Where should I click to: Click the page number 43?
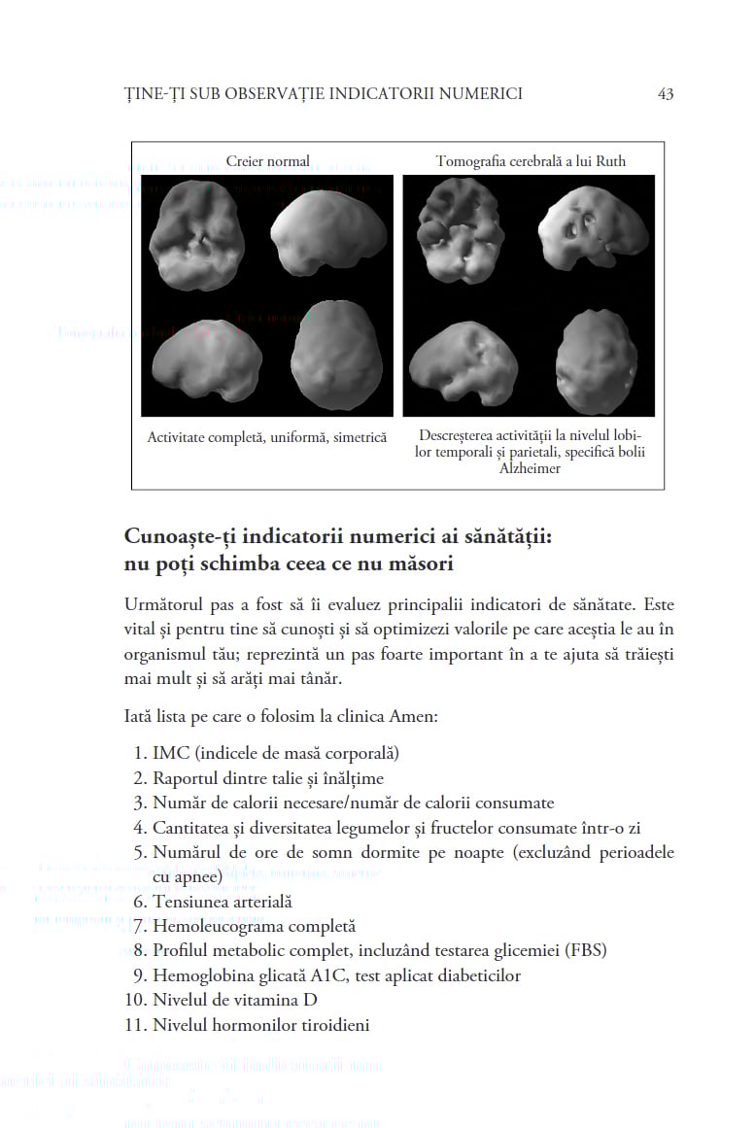[x=666, y=94]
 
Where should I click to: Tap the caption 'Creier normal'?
[x=267, y=161]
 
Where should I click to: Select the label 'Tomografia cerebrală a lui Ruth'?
[x=531, y=161]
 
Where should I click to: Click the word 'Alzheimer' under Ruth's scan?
[x=530, y=468]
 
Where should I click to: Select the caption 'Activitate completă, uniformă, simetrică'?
[x=267, y=438]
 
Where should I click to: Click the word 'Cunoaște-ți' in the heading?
[x=182, y=536]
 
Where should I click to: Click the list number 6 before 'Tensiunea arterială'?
[x=140, y=903]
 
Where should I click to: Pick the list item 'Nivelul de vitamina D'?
[x=235, y=1000]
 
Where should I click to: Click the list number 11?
[x=137, y=1025]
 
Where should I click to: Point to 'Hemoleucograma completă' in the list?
[x=254, y=927]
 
